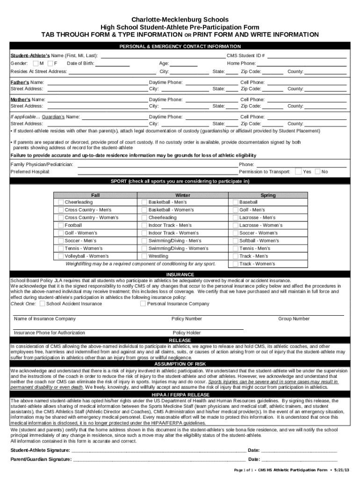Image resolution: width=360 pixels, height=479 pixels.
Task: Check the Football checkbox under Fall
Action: coord(61,225)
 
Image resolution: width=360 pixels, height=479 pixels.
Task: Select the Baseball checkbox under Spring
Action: coord(235,202)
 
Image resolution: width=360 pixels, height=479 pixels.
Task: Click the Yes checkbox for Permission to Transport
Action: coord(298,172)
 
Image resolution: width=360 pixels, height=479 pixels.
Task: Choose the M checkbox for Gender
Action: coord(36,63)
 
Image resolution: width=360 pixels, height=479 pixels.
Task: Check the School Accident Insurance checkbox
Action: coord(43,304)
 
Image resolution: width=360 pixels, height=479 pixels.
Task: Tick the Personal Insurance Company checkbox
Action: coord(143,304)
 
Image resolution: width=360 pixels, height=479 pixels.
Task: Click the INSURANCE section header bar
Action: coord(180,275)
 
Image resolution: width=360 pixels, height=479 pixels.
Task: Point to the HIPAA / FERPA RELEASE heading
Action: coord(180,395)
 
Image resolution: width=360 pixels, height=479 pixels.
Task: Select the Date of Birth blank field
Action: coord(113,64)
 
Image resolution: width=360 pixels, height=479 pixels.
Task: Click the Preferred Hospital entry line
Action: coord(158,172)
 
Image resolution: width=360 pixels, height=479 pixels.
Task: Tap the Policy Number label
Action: coord(187,319)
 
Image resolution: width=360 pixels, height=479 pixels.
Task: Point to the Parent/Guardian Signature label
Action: coord(41,459)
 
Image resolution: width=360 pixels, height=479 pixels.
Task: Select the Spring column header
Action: coord(268,195)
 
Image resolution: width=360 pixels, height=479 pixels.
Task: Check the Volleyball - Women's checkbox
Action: coord(61,256)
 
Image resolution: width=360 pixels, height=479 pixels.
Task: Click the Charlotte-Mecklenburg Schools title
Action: coord(180,20)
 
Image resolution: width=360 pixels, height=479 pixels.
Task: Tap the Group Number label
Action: coord(294,319)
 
